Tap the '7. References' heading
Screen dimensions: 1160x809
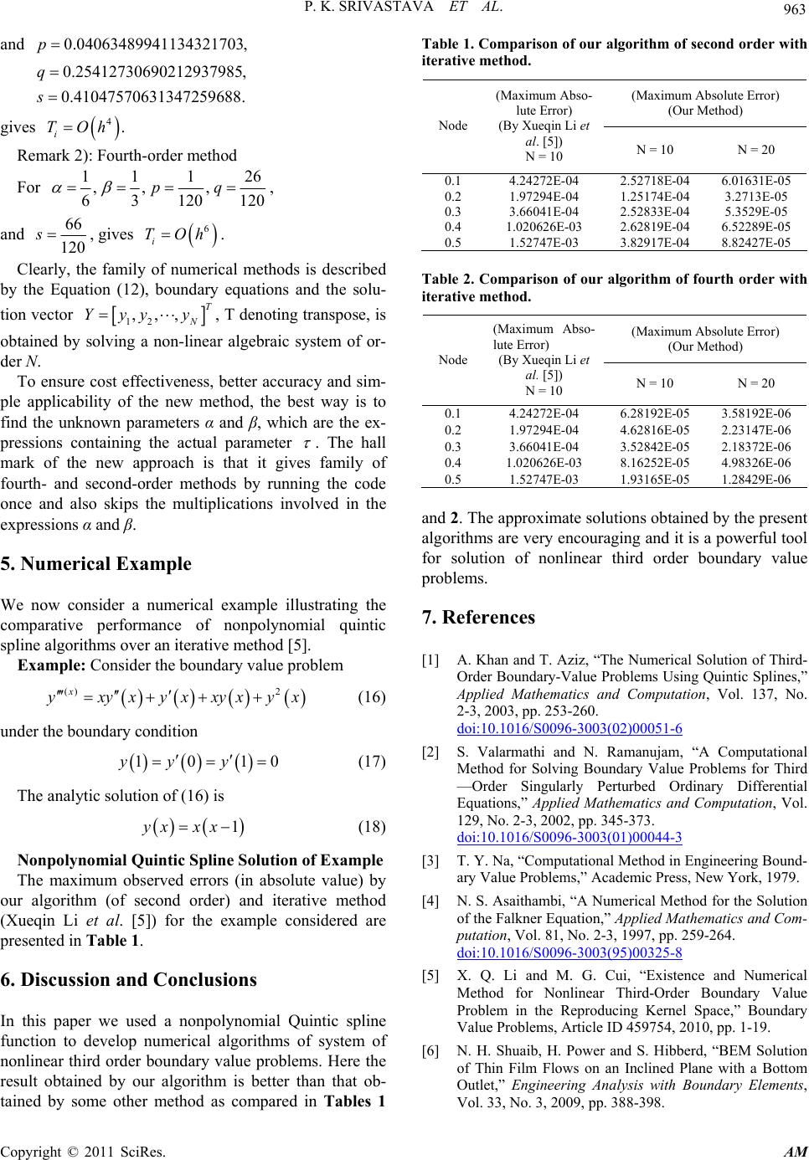(x=478, y=618)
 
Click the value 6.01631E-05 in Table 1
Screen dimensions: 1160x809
(x=755, y=179)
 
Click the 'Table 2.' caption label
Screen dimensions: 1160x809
(x=446, y=280)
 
